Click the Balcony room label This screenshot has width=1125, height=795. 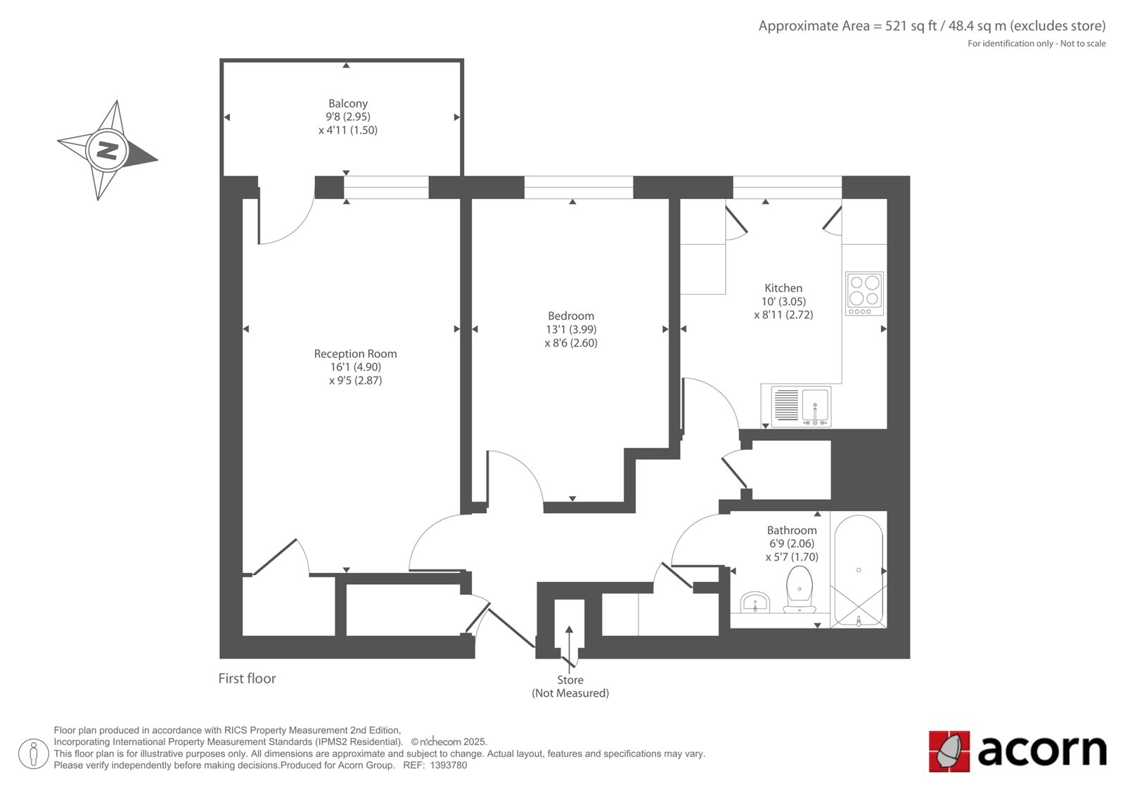pos(347,103)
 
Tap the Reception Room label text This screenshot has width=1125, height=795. pos(355,354)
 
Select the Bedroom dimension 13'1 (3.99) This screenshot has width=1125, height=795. pos(571,330)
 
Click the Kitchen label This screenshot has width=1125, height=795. pos(783,288)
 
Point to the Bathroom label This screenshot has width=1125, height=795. pos(792,530)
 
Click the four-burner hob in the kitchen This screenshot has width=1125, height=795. pos(864,294)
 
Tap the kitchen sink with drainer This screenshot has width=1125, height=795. pos(801,407)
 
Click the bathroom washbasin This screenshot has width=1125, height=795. pos(755,602)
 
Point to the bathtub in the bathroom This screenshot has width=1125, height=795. pos(859,570)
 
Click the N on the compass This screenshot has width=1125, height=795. pos(107,150)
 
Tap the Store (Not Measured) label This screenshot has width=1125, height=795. pos(570,687)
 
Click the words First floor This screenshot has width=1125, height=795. pos(247,678)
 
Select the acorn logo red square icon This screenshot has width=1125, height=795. pos(949,751)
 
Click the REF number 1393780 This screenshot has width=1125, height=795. pos(448,765)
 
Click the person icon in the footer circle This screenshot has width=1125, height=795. pos(33,754)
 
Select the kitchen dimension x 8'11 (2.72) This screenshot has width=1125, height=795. pos(783,315)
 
